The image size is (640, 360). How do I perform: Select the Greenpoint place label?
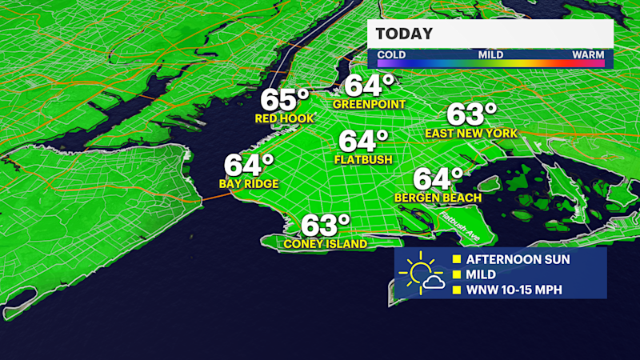point(370,104)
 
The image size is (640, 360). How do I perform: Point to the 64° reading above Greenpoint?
point(369,85)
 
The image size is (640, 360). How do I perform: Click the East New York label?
point(471,133)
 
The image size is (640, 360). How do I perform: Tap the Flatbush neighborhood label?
point(363,159)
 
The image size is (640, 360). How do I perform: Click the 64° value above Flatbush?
point(362,141)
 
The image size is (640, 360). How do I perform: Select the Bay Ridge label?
point(249,184)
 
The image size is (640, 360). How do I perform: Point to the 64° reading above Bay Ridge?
point(248,165)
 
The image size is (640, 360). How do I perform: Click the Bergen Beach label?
point(438,197)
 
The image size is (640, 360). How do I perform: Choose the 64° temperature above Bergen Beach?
point(438,178)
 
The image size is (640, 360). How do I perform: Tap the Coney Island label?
point(326,243)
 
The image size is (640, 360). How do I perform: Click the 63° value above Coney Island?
point(326,225)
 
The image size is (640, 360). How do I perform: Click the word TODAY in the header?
point(404,34)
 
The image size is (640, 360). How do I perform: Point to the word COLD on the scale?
point(391,54)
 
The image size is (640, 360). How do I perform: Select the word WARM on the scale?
point(587,54)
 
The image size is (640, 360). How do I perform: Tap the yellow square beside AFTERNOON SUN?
point(457,259)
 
